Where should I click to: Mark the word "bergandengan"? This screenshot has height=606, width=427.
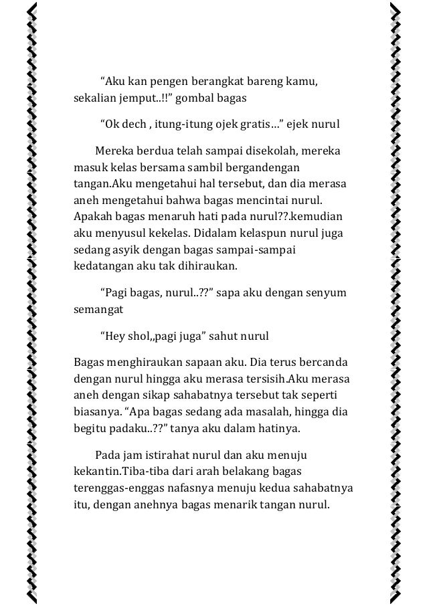click(x=264, y=166)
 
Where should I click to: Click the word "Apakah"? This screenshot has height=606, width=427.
click(x=91, y=215)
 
